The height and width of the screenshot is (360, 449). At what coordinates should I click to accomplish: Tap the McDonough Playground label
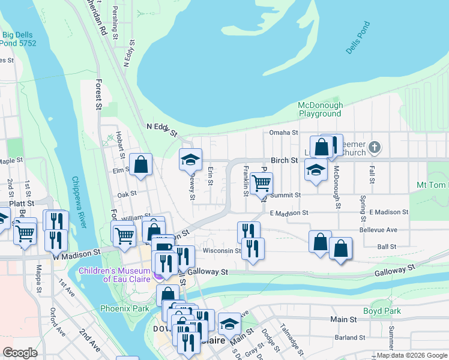point(320,109)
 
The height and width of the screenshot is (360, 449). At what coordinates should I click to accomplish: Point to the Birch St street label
point(285,161)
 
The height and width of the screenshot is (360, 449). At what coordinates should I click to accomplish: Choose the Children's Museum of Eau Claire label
point(116,274)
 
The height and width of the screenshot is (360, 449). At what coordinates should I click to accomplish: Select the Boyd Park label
point(381,311)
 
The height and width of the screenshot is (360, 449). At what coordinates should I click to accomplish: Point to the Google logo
point(20,353)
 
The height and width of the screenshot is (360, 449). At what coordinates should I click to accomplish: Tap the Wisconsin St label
point(221,251)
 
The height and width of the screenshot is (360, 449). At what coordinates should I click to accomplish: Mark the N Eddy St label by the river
point(161,129)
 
